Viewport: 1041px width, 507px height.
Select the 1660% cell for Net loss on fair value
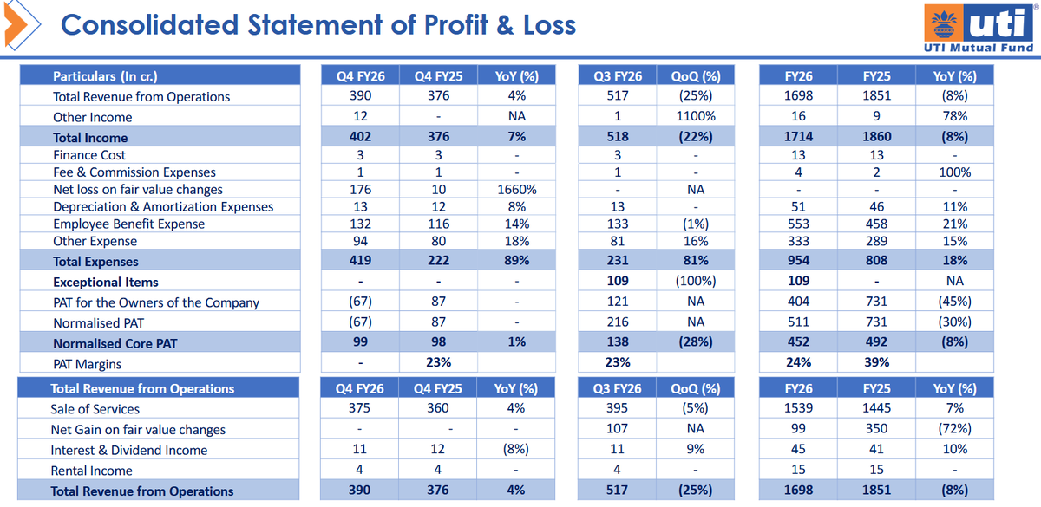[x=517, y=190]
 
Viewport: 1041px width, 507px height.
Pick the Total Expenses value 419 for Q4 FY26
[x=361, y=261]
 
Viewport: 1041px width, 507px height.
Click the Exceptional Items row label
[x=106, y=282]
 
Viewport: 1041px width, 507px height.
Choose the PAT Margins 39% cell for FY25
[x=877, y=363]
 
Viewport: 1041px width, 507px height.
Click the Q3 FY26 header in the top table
[x=618, y=76]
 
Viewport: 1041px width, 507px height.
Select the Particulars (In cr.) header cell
[x=105, y=76]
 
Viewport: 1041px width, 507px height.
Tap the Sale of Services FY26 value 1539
[x=798, y=409]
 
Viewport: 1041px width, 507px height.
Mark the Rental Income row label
[x=92, y=471]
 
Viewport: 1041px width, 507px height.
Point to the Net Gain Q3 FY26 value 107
[x=618, y=429]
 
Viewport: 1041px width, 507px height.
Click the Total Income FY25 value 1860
[x=877, y=137]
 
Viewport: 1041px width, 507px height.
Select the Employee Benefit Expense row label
[x=128, y=224]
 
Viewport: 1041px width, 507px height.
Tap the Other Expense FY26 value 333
[x=798, y=241]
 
